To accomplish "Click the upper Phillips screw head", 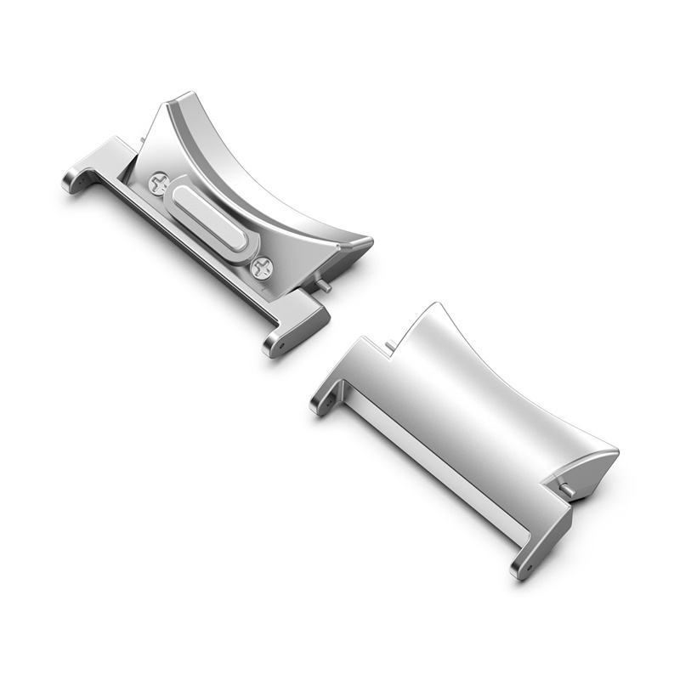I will click(x=158, y=182).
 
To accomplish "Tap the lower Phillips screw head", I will click(x=263, y=269).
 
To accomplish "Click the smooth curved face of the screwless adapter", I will click(x=476, y=399).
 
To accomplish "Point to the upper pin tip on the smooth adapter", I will click(x=389, y=343).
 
